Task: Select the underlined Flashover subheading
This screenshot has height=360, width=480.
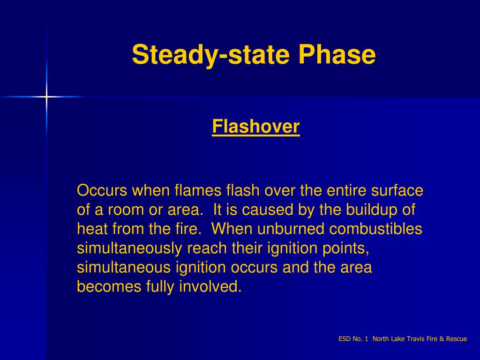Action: pyautogui.click(x=255, y=127)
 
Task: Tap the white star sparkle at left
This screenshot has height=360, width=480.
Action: pyautogui.click(x=46, y=97)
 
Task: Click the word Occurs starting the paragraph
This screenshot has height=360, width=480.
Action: pyautogui.click(x=102, y=191)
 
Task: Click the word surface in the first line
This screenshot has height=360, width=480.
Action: pyautogui.click(x=397, y=191)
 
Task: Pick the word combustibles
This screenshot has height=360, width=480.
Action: pyautogui.click(x=376, y=229)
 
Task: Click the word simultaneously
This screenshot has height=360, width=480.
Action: pyautogui.click(x=130, y=248)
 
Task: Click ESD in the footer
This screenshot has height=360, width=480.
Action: pyautogui.click(x=345, y=339)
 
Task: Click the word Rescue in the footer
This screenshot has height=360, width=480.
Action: pyautogui.click(x=457, y=339)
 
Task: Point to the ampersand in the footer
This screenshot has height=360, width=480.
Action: pyautogui.click(x=442, y=339)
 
